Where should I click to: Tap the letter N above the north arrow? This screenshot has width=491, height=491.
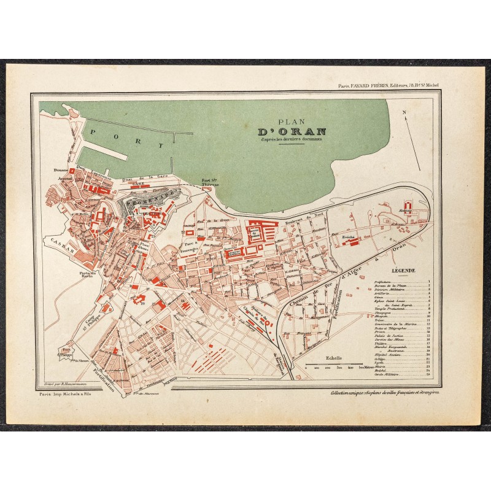click(x=404, y=112)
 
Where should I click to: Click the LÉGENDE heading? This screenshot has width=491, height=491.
click(x=402, y=270)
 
